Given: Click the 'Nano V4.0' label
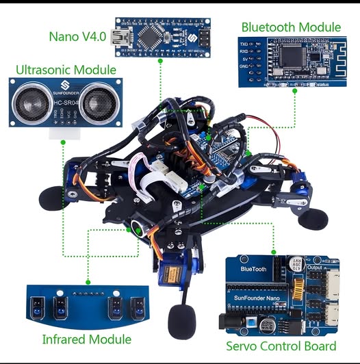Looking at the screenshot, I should tap(77, 35).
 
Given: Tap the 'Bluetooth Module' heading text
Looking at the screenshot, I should tap(290, 27).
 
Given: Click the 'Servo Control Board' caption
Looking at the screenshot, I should tap(281, 346).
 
